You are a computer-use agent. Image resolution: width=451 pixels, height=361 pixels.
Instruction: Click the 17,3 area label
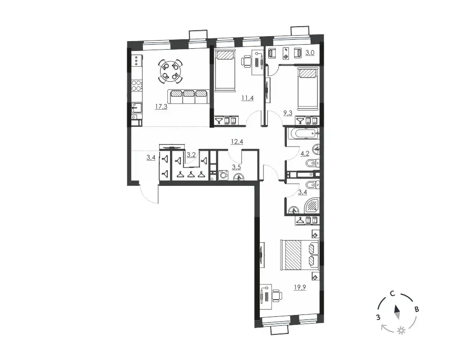(x=161, y=107)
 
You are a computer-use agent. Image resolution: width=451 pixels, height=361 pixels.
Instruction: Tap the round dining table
(x=170, y=71)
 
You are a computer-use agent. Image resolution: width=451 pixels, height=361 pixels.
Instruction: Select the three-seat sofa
(x=189, y=97)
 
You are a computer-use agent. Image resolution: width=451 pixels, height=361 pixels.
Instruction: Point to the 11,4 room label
(x=247, y=98)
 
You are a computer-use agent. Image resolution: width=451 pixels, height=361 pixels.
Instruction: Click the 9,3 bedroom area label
(x=288, y=113)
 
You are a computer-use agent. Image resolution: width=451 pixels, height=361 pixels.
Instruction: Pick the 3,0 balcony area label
(x=310, y=53)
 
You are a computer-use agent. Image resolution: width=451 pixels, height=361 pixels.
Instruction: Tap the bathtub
(x=303, y=133)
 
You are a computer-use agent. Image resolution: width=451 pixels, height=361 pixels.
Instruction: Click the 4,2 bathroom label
(x=304, y=154)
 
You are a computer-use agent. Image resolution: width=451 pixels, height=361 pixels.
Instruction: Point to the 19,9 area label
(x=300, y=287)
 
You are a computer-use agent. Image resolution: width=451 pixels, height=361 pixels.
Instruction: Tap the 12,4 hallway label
(x=237, y=142)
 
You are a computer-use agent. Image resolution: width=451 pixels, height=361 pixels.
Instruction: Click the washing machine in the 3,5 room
(x=223, y=175)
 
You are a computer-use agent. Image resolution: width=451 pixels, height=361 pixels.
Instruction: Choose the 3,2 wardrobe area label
(x=191, y=155)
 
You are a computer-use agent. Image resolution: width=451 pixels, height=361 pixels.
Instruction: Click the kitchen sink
(x=136, y=108)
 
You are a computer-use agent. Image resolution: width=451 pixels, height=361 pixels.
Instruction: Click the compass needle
(x=397, y=312)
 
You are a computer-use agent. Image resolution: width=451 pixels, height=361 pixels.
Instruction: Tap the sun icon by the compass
(x=400, y=331)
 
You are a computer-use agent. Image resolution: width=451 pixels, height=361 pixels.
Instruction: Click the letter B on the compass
(x=416, y=310)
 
